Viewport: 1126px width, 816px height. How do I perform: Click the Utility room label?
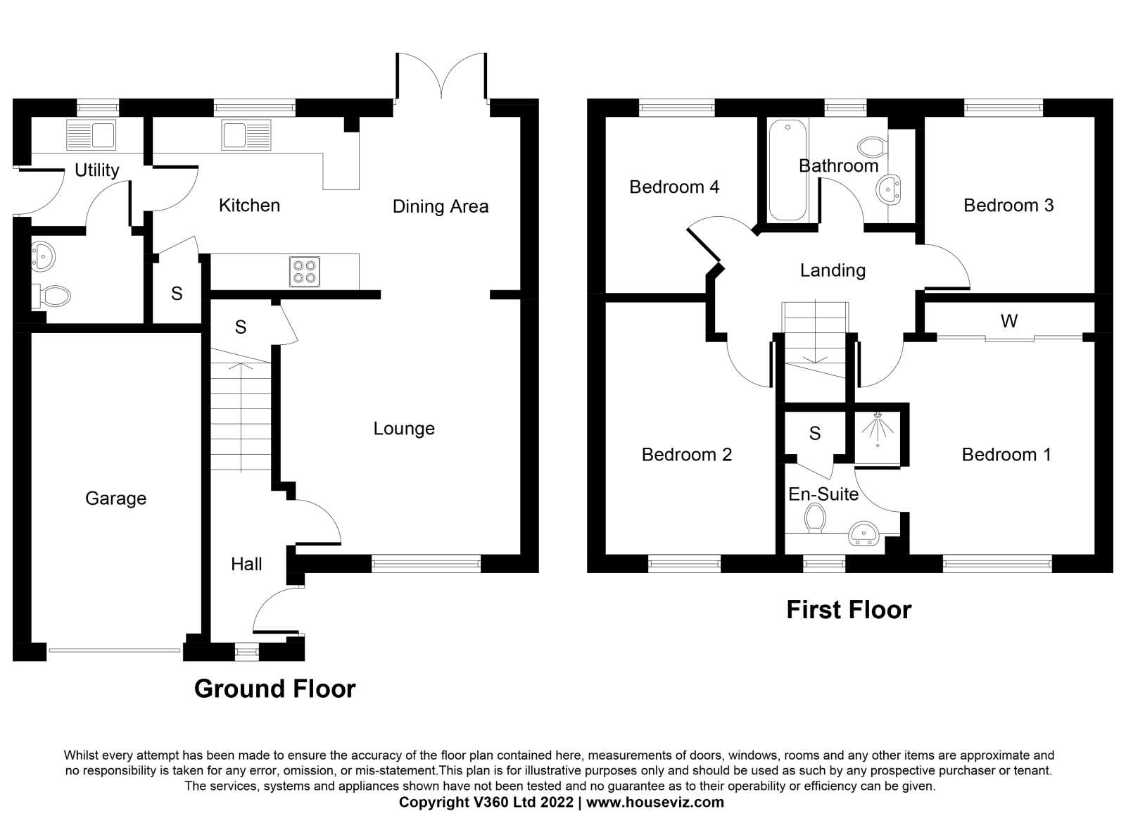97,171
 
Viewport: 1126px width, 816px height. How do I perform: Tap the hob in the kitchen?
305,272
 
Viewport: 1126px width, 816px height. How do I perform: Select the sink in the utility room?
91,134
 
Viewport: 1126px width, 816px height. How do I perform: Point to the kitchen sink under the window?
246,134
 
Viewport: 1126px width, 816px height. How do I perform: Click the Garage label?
115,498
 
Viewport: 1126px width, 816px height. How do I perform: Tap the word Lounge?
404,429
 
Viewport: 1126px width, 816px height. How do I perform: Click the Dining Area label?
441,206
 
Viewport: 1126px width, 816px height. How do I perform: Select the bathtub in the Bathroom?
787,170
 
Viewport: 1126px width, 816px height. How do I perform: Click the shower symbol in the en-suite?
878,430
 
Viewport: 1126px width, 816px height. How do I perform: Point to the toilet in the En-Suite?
815,518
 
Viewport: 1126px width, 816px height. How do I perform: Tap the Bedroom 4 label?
674,187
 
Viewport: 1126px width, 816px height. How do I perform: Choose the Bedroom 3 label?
1008,205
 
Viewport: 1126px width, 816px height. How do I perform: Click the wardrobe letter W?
1009,321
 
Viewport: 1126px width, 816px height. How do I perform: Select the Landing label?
833,270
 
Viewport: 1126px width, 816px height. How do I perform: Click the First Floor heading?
849,610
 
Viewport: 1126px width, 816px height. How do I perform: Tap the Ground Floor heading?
275,689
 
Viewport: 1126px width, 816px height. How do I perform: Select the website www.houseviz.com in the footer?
655,802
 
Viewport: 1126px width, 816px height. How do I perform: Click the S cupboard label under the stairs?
241,327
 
